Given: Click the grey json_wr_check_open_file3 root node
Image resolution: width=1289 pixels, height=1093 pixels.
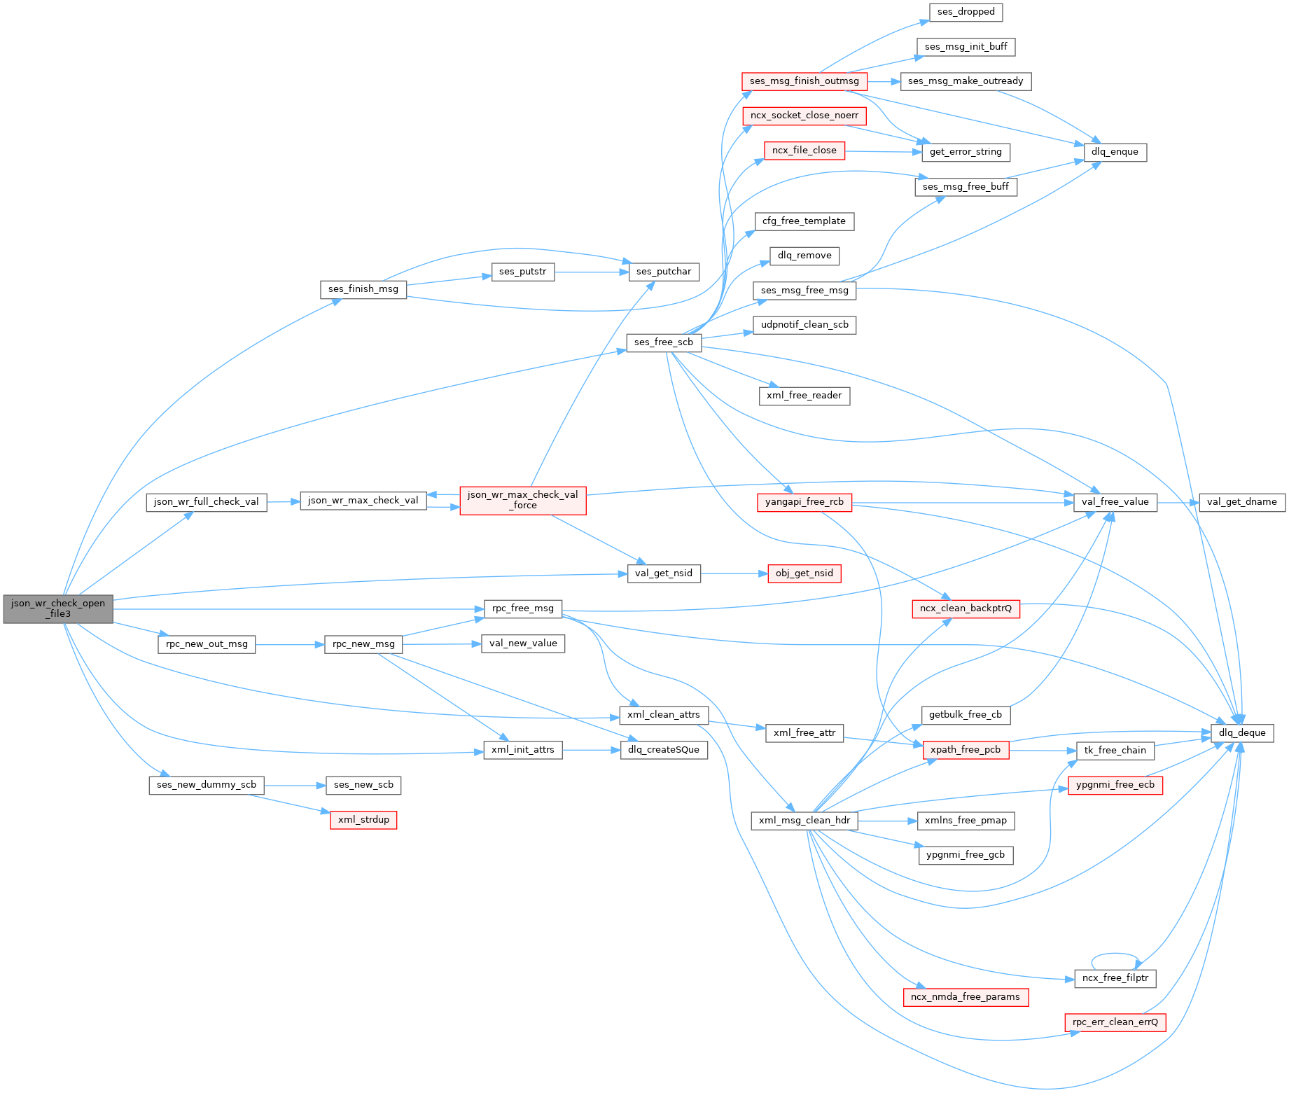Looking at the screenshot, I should coord(58,608).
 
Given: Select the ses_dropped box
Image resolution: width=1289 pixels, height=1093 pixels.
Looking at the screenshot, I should coord(966,12).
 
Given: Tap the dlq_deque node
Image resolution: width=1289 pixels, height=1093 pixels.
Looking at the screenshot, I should coord(1242,733).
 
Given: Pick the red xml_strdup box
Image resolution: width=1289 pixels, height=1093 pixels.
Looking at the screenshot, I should coord(363,820).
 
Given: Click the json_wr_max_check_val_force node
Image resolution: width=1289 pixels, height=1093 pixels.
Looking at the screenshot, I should coord(522,500).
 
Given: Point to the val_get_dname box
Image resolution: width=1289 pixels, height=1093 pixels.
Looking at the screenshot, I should coord(1242,502).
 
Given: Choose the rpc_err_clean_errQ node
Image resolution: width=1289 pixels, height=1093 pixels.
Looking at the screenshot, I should coord(1115,1022).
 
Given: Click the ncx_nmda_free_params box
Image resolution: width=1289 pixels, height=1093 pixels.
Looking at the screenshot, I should coord(965,997).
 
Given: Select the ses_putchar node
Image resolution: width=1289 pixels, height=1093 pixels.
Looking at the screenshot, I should coord(664,272).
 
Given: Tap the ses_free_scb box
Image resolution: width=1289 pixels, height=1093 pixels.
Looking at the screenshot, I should coord(664,342).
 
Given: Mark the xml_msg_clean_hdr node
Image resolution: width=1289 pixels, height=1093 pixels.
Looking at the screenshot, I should coord(804,821).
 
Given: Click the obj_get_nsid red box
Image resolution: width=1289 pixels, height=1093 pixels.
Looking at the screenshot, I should coord(804,573).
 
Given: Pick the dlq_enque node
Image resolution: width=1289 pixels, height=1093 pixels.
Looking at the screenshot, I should coord(1115,152).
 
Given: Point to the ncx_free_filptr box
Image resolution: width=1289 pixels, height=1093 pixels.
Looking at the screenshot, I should coord(1115,978).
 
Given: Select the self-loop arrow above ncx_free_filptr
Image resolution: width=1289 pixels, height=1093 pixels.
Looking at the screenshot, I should coord(1115,954).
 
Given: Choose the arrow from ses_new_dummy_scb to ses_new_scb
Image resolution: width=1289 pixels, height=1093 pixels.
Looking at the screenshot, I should coord(295,786).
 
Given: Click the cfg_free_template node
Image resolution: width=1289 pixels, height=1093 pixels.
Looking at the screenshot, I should coord(804,221).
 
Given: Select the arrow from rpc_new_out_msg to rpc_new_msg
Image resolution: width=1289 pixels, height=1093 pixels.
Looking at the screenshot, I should coord(290,644).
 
